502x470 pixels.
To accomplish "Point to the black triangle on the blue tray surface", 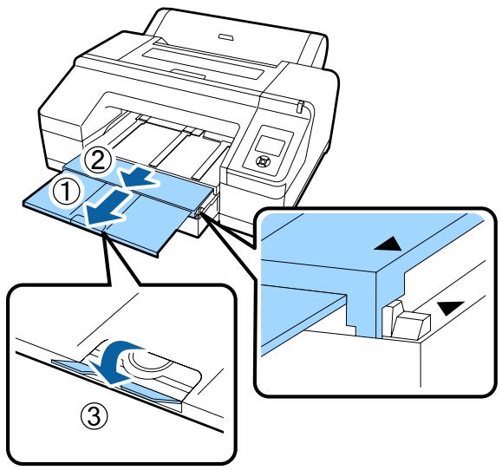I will pos(382,248).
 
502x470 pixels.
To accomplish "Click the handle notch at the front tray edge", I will pos(101,226).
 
